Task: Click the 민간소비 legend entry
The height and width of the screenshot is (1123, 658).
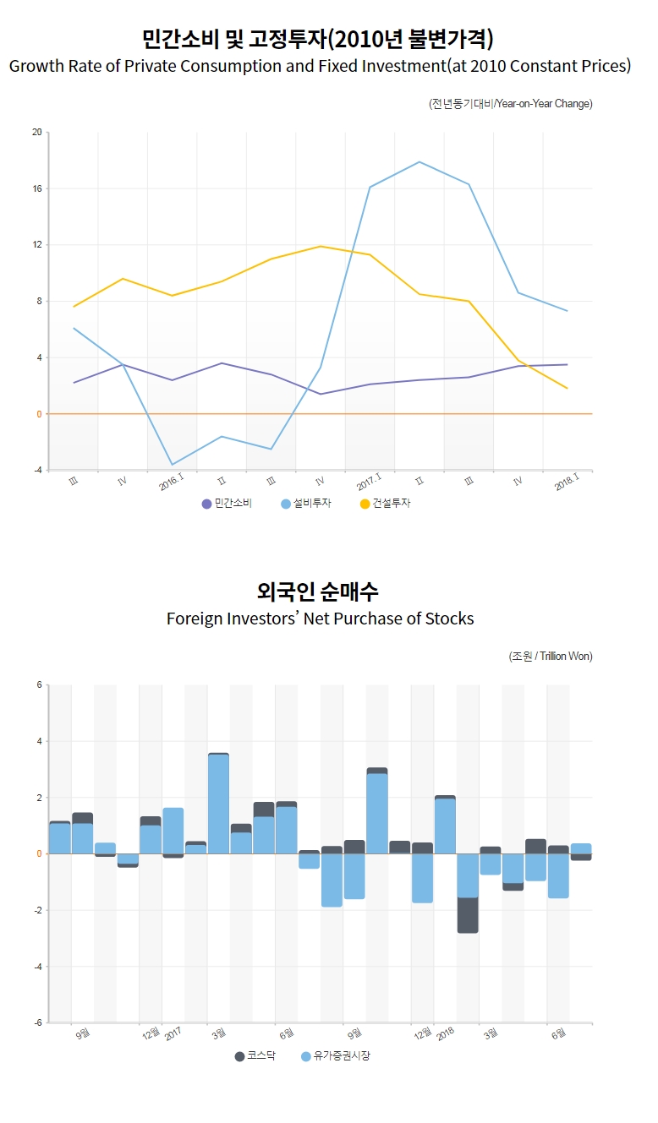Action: click(x=227, y=504)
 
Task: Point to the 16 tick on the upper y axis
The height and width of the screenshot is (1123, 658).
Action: click(x=36, y=188)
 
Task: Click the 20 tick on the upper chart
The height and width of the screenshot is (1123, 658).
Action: click(x=36, y=132)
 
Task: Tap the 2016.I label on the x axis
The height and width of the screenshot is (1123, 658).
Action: click(x=172, y=483)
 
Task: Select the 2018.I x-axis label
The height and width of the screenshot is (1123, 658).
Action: click(x=567, y=482)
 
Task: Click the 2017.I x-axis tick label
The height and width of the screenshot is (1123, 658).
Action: click(x=369, y=483)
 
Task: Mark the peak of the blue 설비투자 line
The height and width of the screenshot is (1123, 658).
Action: click(x=419, y=162)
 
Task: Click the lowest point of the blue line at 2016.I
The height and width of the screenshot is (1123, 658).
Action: click(x=173, y=465)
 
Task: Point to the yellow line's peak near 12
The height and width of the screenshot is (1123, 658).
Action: click(x=321, y=247)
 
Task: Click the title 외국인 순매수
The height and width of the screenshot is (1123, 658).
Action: click(x=317, y=591)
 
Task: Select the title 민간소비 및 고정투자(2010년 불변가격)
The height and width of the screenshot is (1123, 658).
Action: click(x=318, y=39)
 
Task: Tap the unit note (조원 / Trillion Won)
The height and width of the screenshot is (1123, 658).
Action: click(x=551, y=657)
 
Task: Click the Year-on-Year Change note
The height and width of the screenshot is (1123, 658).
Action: click(x=510, y=104)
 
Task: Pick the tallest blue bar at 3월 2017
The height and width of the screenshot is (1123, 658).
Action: click(x=218, y=803)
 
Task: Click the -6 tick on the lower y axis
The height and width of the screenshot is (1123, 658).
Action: click(x=36, y=1023)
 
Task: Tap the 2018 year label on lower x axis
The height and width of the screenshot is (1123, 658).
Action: click(x=446, y=1032)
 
